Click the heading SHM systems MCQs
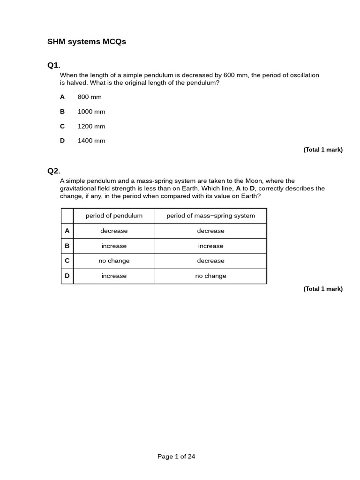click(x=87, y=42)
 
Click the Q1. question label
click(x=54, y=65)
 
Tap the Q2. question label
click(x=54, y=171)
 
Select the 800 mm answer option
click(x=90, y=97)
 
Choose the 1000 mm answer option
click(x=91, y=112)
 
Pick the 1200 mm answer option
click(x=91, y=126)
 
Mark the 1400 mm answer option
click(x=91, y=141)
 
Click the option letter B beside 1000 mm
click(x=62, y=112)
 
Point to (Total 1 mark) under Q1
click(x=323, y=150)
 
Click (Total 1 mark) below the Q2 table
click(x=323, y=289)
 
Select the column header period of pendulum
click(x=114, y=216)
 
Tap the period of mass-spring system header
click(x=211, y=216)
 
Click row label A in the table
click(x=67, y=231)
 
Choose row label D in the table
click(x=67, y=276)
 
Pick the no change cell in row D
click(x=211, y=276)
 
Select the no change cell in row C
click(x=114, y=261)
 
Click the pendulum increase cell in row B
click(x=114, y=246)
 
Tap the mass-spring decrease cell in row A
click(x=211, y=231)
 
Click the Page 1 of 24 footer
click(x=176, y=456)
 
